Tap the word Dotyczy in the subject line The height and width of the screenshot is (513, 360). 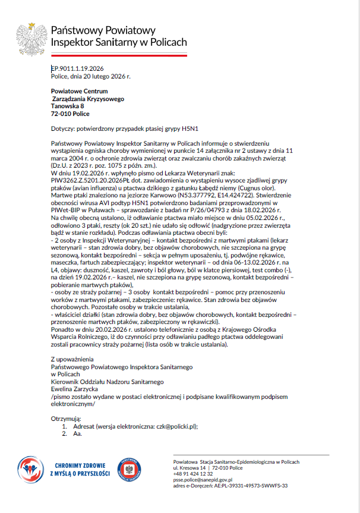(x=64, y=128)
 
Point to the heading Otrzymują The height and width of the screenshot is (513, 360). (x=66, y=418)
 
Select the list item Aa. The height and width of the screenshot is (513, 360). (x=77, y=434)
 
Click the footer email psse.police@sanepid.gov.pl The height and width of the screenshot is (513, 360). (x=203, y=479)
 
